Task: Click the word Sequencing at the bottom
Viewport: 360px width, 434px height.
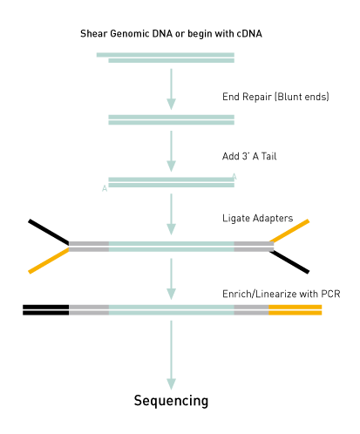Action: (x=171, y=401)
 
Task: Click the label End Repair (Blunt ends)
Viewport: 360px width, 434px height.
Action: (x=275, y=97)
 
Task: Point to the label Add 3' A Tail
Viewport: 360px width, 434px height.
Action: (x=249, y=156)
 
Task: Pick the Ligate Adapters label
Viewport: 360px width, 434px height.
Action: (x=258, y=218)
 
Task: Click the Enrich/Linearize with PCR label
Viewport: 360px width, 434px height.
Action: (x=282, y=294)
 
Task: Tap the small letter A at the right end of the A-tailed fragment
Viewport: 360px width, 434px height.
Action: (x=234, y=177)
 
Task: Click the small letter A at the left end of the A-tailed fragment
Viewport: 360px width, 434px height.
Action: (x=105, y=188)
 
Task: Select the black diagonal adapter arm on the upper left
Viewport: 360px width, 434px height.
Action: (x=49, y=232)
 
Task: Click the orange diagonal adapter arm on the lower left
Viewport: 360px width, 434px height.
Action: (x=49, y=261)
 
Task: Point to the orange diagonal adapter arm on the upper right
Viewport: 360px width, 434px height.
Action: (x=289, y=231)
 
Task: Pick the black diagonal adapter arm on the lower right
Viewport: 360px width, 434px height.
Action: (x=289, y=262)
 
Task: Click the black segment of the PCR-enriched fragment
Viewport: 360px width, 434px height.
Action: (x=46, y=310)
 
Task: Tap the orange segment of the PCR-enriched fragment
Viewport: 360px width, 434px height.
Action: (x=295, y=310)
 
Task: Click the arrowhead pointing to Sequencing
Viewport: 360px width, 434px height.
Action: (x=171, y=384)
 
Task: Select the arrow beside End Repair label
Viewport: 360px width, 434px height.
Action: (x=171, y=89)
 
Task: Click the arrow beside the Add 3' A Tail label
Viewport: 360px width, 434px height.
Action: (x=171, y=152)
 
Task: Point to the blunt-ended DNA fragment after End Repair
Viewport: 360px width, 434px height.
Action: (x=172, y=119)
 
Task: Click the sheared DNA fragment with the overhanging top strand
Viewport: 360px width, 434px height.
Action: (x=166, y=58)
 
